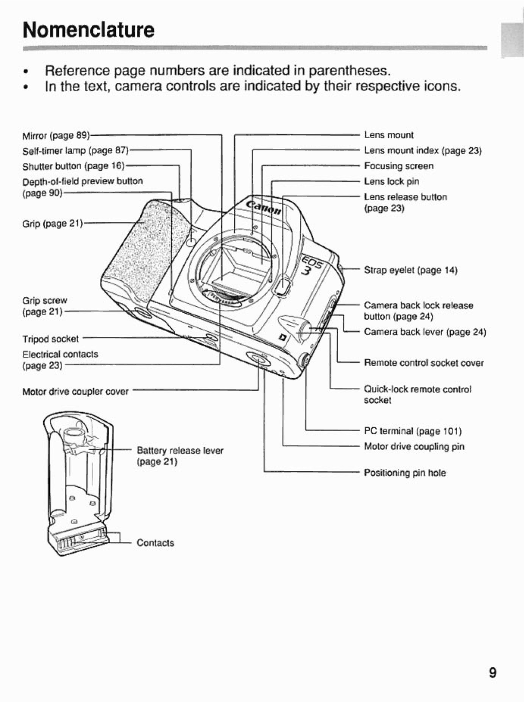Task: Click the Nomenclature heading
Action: point(88,30)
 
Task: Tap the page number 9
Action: point(492,673)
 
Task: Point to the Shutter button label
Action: point(73,166)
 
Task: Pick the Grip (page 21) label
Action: point(52,224)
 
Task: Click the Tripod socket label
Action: point(50,338)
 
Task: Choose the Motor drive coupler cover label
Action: point(75,391)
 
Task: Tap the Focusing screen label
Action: point(398,166)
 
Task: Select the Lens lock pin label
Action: point(391,182)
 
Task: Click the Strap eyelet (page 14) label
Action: point(410,271)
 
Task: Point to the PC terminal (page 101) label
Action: point(412,431)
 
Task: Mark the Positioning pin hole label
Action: point(405,473)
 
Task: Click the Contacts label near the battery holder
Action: point(155,543)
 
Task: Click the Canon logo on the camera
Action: point(264,208)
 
